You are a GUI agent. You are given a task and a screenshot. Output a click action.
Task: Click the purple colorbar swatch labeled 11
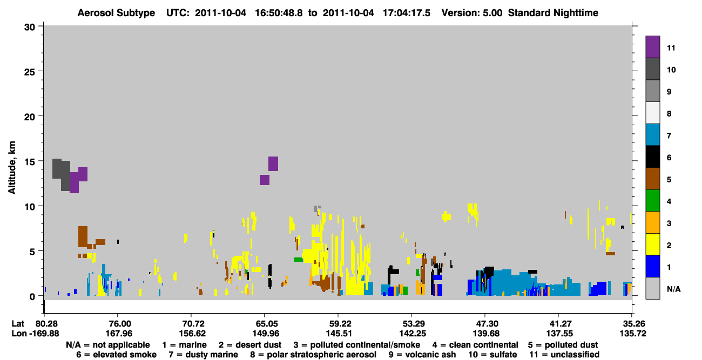pyautogui.click(x=652, y=47)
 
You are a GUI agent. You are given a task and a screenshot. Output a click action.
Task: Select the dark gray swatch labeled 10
pyautogui.click(x=652, y=69)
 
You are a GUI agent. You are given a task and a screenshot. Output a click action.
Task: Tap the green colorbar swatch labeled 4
pyautogui.click(x=652, y=201)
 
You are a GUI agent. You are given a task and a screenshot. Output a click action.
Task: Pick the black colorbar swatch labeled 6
pyautogui.click(x=652, y=157)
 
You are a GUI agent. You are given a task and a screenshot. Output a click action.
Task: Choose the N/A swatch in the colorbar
pyautogui.click(x=652, y=288)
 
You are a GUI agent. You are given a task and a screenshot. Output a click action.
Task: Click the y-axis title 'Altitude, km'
pyautogui.click(x=11, y=168)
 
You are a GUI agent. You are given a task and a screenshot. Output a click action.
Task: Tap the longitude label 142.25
pyautogui.click(x=413, y=334)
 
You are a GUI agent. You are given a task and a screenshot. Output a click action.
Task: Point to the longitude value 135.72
pyautogui.click(x=632, y=334)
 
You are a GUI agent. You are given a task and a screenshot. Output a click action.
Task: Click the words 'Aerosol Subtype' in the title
pyautogui.click(x=116, y=13)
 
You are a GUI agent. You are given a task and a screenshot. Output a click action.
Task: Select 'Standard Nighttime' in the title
pyautogui.click(x=553, y=13)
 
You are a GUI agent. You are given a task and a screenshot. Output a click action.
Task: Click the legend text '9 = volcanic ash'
pyautogui.click(x=422, y=355)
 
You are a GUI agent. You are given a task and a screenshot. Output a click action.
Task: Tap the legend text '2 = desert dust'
pyautogui.click(x=250, y=345)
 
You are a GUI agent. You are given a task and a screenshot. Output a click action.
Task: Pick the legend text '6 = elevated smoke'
pyautogui.click(x=116, y=355)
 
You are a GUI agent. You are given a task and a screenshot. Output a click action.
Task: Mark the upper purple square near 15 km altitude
pyautogui.click(x=273, y=164)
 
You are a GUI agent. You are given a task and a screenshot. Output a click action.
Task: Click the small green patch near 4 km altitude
pyautogui.click(x=298, y=260)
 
